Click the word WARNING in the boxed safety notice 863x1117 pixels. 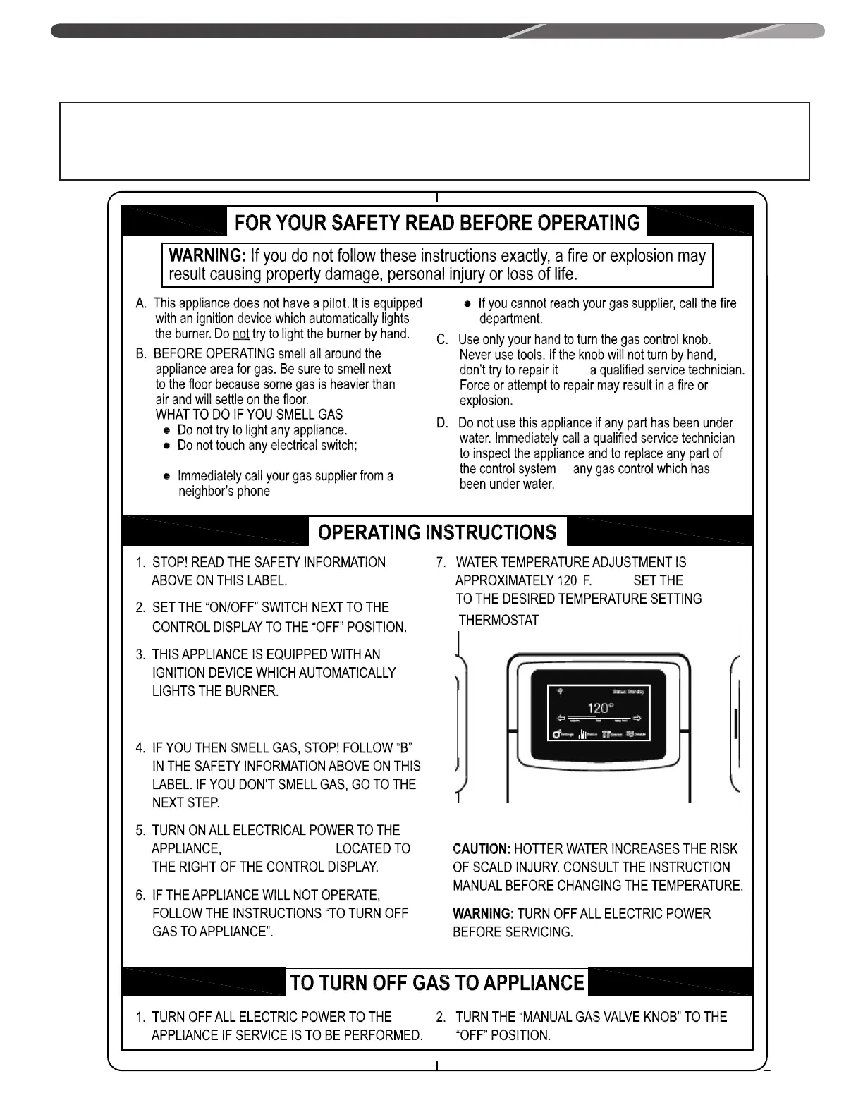[206, 256]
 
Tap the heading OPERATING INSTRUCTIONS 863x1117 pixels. [437, 532]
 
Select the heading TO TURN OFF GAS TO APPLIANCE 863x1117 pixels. [437, 983]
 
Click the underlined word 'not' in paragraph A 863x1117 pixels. [241, 334]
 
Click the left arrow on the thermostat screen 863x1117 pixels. [562, 719]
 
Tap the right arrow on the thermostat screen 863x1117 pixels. [637, 719]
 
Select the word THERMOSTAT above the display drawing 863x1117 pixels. [498, 621]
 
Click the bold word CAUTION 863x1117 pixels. [482, 849]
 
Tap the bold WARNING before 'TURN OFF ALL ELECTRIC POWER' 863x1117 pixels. [483, 914]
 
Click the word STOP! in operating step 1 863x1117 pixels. [169, 563]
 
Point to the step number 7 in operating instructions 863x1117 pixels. [441, 563]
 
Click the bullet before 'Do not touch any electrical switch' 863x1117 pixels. [166, 446]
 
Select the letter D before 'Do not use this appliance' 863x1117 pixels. [442, 423]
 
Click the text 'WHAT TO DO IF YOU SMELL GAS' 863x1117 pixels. [249, 415]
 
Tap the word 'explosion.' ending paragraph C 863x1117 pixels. [486, 401]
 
